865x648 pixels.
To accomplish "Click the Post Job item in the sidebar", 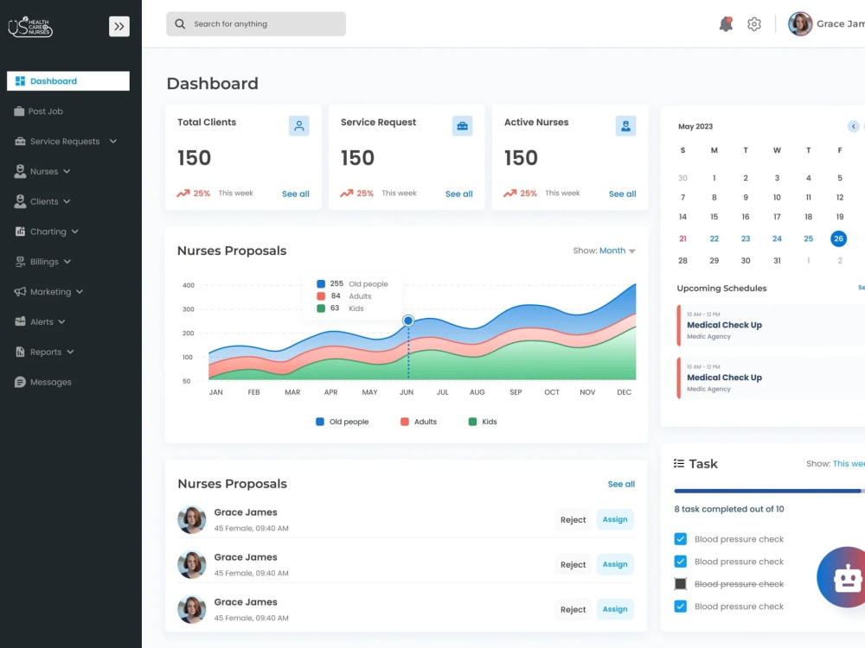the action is [39, 111].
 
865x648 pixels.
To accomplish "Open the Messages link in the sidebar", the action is [43, 382].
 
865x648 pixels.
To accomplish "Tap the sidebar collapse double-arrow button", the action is [119, 27].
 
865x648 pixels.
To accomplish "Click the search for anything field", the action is [256, 24].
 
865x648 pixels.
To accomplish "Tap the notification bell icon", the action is [726, 24].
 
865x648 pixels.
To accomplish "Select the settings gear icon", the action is [754, 24].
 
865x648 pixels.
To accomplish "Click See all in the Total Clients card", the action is [296, 194].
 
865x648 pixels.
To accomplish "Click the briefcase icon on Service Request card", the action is [462, 126].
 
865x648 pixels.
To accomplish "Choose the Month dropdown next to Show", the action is [617, 251].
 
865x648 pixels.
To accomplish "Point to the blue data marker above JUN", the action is [408, 321].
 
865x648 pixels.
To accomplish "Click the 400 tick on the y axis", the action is [188, 285].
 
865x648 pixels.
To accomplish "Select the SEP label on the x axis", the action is [516, 392].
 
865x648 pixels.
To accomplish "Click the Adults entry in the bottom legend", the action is [419, 422].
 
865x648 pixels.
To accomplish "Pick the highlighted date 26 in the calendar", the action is [838, 238].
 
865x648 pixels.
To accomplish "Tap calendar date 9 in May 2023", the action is [746, 197].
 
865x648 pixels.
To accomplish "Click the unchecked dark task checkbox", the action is [681, 584].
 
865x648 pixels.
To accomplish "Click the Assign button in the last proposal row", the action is [615, 609].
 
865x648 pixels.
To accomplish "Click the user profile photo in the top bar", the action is [800, 24].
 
